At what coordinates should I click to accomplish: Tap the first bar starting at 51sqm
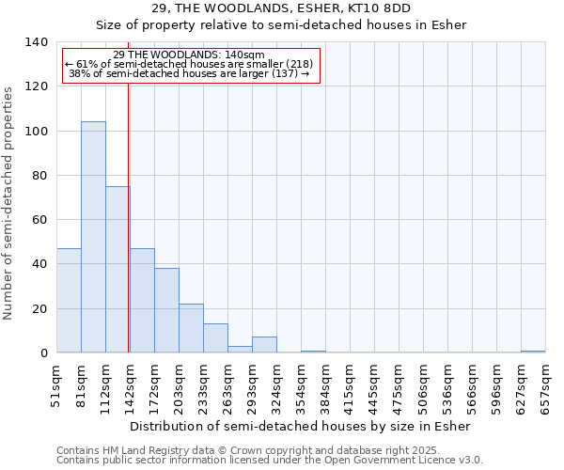click(x=69, y=301)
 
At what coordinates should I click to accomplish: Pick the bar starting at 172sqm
click(x=166, y=310)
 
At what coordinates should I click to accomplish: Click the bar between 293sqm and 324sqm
click(x=264, y=345)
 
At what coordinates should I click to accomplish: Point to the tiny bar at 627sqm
click(x=533, y=352)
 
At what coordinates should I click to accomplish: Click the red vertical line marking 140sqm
click(x=128, y=235)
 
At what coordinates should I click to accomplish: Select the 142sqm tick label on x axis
click(x=131, y=385)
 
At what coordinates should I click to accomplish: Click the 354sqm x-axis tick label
click(x=302, y=385)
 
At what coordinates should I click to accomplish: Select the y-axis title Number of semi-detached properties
click(x=9, y=203)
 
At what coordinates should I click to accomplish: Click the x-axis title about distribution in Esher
click(x=301, y=426)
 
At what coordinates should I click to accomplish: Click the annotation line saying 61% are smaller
click(x=189, y=64)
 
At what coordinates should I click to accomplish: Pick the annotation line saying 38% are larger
click(x=189, y=73)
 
